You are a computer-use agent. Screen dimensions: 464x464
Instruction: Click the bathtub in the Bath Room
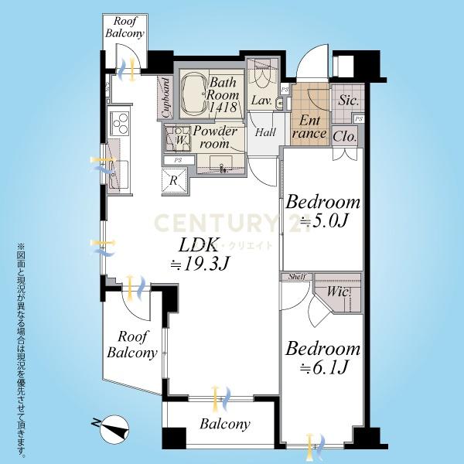pos(194,94)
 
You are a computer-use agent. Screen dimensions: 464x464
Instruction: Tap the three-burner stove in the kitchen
pos(120,123)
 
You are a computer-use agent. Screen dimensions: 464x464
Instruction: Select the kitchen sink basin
pos(119,175)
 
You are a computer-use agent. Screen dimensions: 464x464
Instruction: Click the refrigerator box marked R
pos(174,180)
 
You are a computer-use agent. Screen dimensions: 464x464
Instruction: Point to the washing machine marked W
pos(178,138)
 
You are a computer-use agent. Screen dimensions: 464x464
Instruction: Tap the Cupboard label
pos(166,97)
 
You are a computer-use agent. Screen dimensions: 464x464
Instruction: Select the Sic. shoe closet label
pos(348,100)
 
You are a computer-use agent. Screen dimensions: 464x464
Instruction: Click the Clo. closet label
pos(344,136)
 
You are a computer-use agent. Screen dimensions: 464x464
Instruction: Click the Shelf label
pos(297,277)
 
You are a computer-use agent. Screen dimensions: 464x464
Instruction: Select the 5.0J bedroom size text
pos(324,220)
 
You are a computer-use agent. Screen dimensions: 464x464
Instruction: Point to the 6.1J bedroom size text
pos(323,367)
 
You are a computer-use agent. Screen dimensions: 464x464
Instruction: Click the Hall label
pos(265,132)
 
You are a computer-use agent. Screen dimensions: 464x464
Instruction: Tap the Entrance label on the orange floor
pos(309,128)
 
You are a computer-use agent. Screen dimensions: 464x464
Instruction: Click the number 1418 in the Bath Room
pos(223,107)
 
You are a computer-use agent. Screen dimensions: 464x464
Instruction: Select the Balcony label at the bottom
pos(225,425)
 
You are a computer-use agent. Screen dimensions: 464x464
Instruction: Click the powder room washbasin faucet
pos(223,169)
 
